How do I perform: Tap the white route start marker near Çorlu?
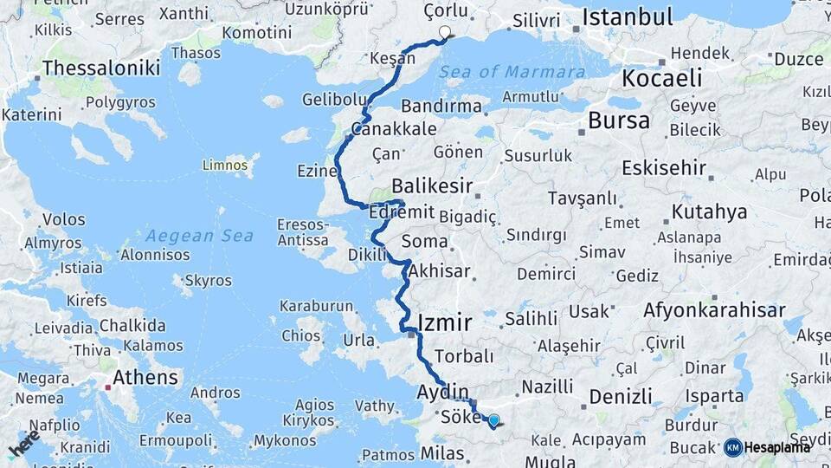coord(445,33)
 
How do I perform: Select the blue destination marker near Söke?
coord(493,421)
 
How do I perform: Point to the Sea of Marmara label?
coord(512,72)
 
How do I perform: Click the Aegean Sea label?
coord(199,236)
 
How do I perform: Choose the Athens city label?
coord(145,378)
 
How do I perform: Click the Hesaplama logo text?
coord(776,447)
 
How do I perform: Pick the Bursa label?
coord(618,120)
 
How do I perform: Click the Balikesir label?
coord(432,185)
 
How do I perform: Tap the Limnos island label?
coord(225,164)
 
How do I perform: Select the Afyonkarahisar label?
coord(714,309)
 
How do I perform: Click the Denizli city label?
coord(620,397)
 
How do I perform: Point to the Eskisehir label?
coord(664,167)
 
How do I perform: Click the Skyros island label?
coord(208,281)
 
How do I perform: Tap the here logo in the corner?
coord(23,445)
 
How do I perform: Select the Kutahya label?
coord(709,211)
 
